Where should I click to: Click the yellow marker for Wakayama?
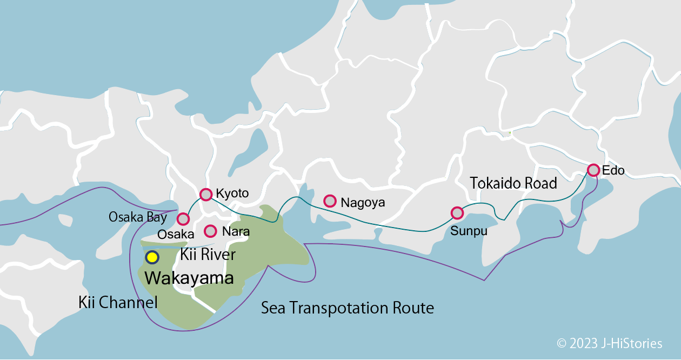point(152,257)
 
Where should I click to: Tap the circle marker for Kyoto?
point(206,195)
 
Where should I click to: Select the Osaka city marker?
point(183,219)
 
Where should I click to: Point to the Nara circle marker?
point(210,231)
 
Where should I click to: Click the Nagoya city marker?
point(330,201)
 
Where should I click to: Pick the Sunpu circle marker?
point(457,213)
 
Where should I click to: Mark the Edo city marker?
point(593,170)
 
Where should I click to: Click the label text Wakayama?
point(189,278)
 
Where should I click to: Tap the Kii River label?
point(208,255)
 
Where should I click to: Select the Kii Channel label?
point(118,302)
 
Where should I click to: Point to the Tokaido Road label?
point(513,183)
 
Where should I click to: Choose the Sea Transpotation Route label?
point(348,308)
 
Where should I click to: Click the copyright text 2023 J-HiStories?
point(609,343)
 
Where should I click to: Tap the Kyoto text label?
point(232,194)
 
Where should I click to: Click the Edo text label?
point(613,171)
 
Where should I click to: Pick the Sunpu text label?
point(469,231)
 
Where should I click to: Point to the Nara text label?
point(236,232)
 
